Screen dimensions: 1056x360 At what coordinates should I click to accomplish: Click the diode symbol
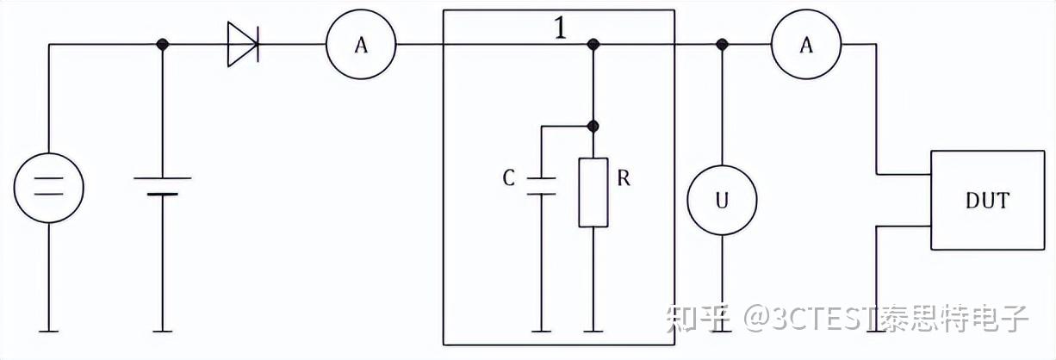[243, 44]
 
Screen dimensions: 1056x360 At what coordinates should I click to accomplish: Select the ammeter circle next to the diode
[361, 44]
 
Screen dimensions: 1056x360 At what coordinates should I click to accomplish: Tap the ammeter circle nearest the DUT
[806, 44]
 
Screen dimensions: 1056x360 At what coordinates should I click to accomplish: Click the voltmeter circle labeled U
[722, 201]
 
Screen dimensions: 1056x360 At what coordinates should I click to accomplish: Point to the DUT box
[988, 201]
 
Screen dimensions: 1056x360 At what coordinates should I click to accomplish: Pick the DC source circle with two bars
[49, 188]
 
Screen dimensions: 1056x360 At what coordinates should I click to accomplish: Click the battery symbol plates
[163, 186]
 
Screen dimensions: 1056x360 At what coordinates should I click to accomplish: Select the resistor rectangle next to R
[593, 192]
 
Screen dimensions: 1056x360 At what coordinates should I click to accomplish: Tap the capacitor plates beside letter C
[541, 186]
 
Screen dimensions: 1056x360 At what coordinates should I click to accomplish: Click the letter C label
[509, 178]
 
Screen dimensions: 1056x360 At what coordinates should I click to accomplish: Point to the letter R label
[624, 178]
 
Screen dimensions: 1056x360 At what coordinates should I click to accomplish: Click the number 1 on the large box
[560, 28]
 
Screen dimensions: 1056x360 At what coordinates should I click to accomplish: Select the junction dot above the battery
[163, 44]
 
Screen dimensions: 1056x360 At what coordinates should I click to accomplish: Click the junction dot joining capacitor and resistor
[593, 127]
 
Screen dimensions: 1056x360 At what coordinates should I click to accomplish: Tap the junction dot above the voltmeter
[722, 44]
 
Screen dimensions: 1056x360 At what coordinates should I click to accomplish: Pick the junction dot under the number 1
[593, 44]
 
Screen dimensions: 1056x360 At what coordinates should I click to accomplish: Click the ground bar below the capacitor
[541, 332]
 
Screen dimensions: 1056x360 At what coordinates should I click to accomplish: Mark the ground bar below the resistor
[593, 332]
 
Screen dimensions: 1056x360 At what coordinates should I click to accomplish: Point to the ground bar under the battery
[163, 332]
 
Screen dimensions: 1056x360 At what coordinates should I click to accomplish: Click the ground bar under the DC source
[49, 332]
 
